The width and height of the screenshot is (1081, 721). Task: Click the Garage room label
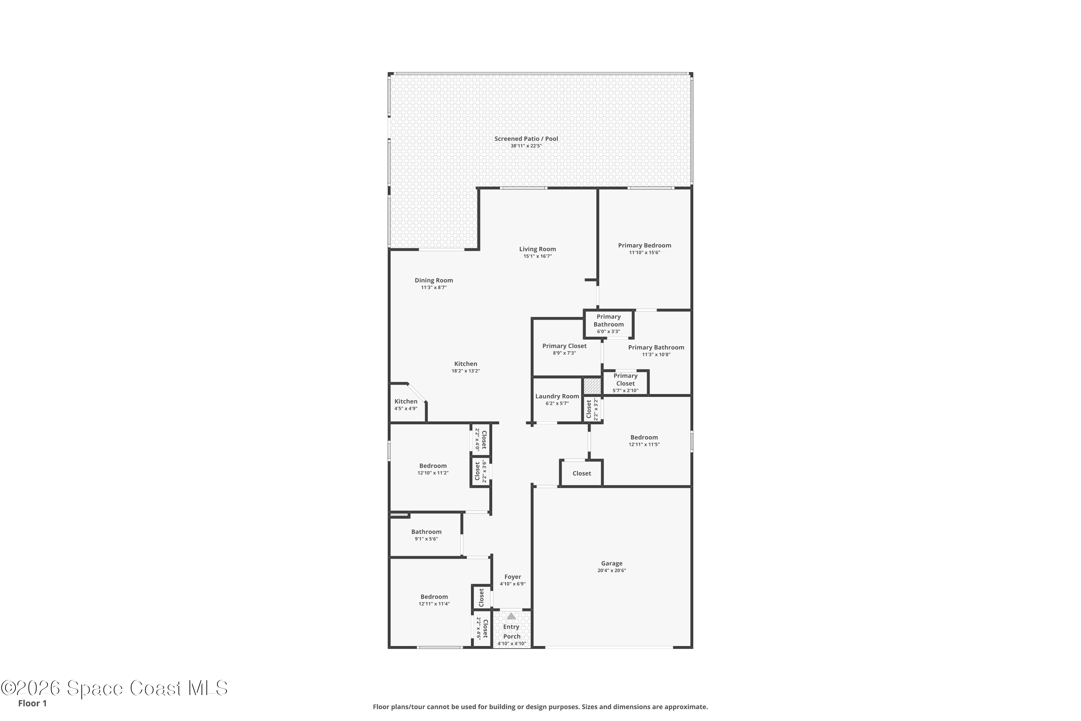coord(611,563)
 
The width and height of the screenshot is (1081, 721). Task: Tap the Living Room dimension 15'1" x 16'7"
coord(537,256)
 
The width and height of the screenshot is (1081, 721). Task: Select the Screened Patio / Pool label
coord(526,138)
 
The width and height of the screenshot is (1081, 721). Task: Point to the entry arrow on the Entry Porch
coord(511,616)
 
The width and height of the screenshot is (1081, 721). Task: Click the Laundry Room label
coord(557,396)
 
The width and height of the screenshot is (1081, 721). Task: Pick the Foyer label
coord(512,576)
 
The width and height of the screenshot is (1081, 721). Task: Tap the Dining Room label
coord(433,280)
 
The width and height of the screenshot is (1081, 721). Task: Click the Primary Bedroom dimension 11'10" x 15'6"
coord(644,252)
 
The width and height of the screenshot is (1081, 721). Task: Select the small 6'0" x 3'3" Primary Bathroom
coord(609,324)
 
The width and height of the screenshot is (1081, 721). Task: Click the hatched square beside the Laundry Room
coord(592,386)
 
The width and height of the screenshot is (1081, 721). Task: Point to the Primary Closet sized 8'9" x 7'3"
coord(564,349)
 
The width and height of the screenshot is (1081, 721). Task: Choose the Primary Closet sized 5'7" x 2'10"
coord(625,382)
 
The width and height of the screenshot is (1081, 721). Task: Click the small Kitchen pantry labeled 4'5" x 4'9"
coord(406,404)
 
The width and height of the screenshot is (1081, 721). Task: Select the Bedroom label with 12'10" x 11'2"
coord(432,466)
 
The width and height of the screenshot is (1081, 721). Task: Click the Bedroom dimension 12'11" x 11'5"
coord(644,444)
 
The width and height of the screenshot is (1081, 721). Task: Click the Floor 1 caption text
coord(32,703)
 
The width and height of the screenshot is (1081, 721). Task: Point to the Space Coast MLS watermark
coord(114,688)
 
